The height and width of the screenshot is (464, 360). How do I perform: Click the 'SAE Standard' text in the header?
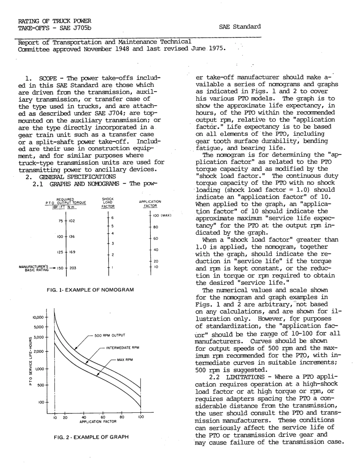(x=240, y=27)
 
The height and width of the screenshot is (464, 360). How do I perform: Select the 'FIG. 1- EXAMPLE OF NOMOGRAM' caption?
(x=90, y=290)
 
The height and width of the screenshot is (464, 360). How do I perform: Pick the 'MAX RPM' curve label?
(x=125, y=359)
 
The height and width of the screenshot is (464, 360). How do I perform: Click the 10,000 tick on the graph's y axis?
(x=39, y=317)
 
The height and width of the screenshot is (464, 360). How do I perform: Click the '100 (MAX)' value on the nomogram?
(x=163, y=216)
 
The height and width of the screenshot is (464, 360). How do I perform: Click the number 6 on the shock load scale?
(x=113, y=217)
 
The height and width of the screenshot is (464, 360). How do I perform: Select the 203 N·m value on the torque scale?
(x=73, y=268)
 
